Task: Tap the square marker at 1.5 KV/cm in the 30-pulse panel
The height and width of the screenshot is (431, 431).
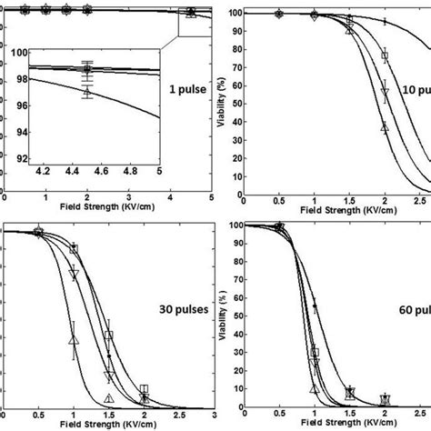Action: pos(108,336)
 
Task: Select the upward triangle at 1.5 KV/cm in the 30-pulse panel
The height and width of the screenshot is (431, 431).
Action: pos(108,398)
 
